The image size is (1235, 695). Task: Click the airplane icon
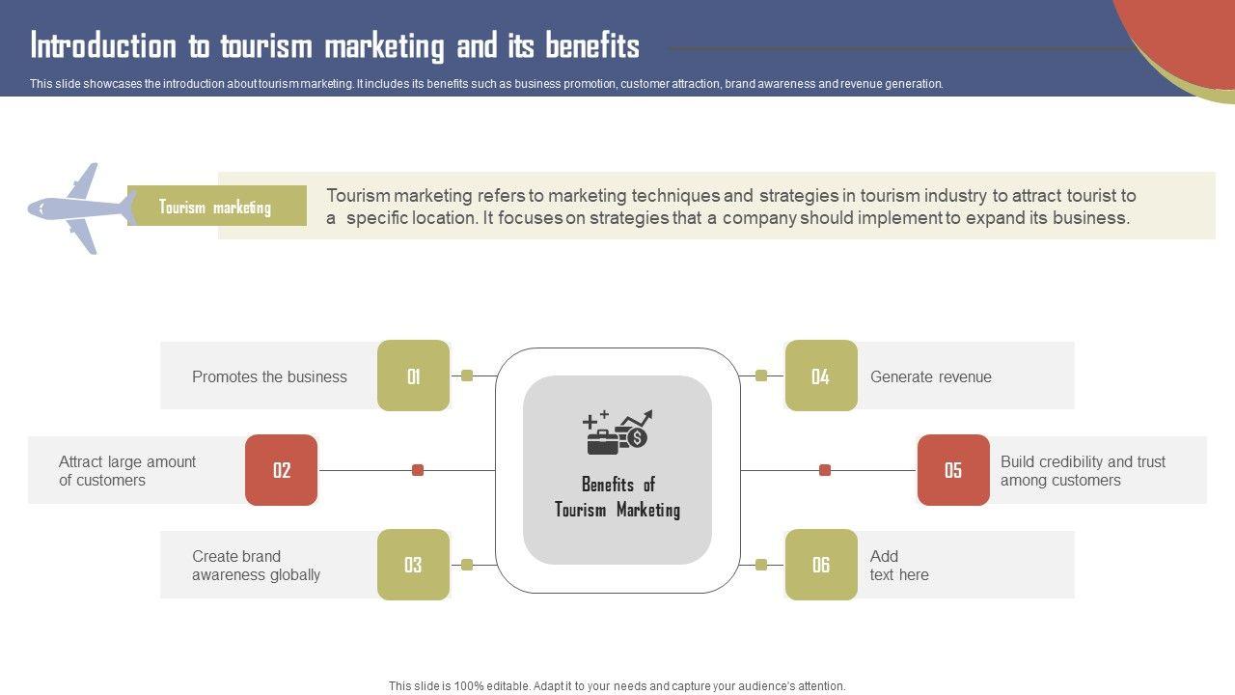(x=82, y=208)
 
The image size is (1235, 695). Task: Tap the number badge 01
(x=413, y=375)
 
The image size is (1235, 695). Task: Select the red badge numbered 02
(x=281, y=470)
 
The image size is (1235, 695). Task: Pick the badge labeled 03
(x=413, y=565)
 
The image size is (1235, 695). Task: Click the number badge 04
(x=821, y=375)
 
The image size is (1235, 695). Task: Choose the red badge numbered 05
(x=953, y=470)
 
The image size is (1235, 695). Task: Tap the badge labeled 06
(x=821, y=565)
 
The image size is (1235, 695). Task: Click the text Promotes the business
(x=269, y=376)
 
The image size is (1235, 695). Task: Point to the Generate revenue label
(x=930, y=376)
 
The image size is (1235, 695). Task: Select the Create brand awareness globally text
(x=256, y=566)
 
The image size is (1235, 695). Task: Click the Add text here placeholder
(x=898, y=566)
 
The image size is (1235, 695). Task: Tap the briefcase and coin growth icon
(x=617, y=431)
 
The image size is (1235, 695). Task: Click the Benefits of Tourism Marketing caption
(x=617, y=497)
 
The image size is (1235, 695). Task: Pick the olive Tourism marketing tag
(x=215, y=207)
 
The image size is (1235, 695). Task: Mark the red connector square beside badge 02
(x=418, y=470)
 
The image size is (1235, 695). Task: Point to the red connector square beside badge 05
(x=825, y=470)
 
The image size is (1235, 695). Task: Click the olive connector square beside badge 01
(x=467, y=375)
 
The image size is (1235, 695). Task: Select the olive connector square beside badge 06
(x=761, y=565)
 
